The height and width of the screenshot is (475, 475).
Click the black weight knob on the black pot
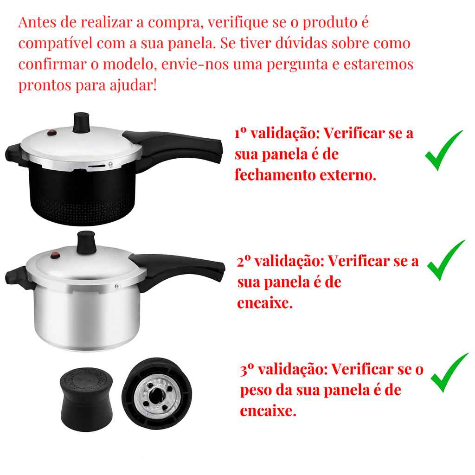(x=81, y=122)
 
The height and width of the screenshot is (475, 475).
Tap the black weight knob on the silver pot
(x=86, y=242)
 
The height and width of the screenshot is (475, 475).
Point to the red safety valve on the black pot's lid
(x=52, y=132)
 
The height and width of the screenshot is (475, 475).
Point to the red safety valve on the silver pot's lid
(x=55, y=256)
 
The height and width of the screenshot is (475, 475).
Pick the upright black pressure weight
(x=86, y=399)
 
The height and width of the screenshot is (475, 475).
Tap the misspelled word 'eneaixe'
(x=265, y=302)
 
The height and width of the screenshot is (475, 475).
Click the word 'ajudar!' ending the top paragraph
(x=133, y=85)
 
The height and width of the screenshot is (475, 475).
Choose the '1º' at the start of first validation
(x=241, y=133)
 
